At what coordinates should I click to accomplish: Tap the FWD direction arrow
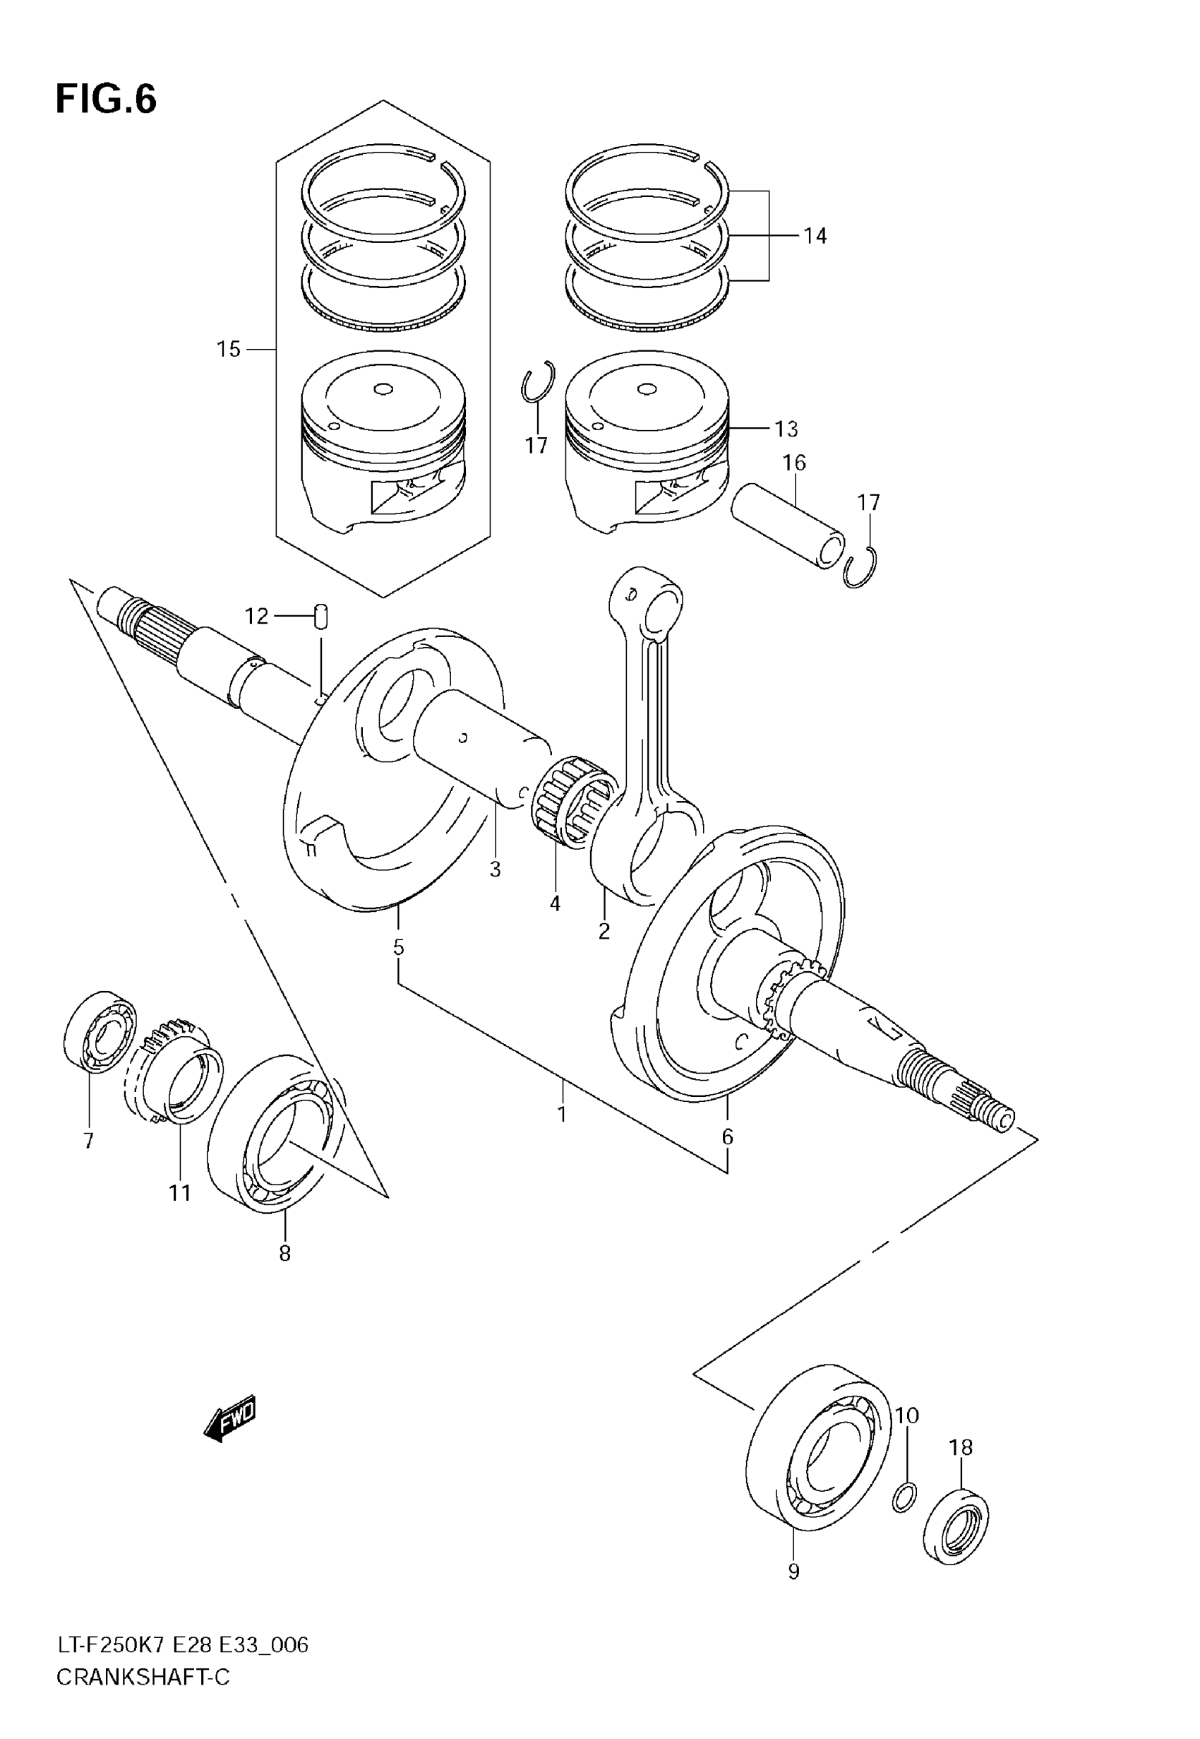click(x=230, y=1418)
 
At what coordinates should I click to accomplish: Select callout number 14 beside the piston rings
click(x=815, y=235)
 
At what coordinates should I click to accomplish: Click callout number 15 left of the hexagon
click(x=229, y=349)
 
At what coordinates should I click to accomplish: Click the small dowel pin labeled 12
click(x=322, y=615)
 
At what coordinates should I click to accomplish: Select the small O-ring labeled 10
click(x=904, y=1497)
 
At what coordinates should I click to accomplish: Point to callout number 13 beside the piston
click(x=786, y=429)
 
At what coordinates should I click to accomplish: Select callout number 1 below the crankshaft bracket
click(x=562, y=1113)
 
